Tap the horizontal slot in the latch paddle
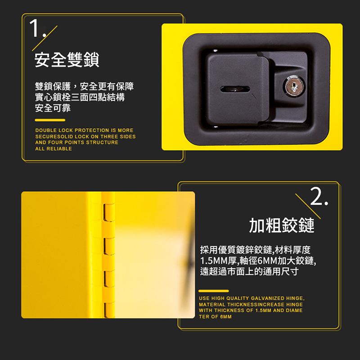[235, 89]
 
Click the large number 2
[317, 196]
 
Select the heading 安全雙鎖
[67, 60]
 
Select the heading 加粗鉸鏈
[282, 225]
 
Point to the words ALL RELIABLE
[54, 149]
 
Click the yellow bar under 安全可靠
[50, 120]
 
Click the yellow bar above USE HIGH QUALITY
[214, 291]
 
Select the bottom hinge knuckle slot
[108, 310]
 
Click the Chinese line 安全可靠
[53, 108]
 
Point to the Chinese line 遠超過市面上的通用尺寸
[249, 271]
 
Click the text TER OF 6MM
[215, 317]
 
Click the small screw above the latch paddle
[216, 51]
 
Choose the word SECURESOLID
[54, 136]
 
